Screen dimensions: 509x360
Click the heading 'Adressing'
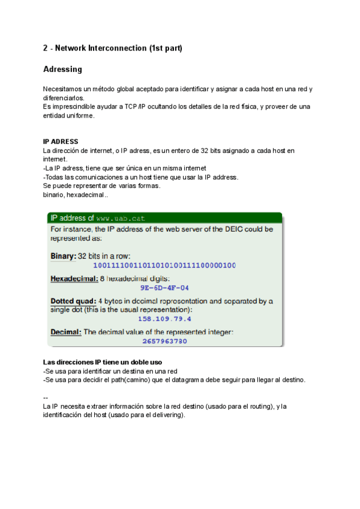click(62, 70)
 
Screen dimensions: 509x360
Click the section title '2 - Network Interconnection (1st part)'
click(112, 47)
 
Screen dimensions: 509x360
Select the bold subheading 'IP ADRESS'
click(61, 142)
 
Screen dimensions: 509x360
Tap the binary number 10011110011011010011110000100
click(165, 265)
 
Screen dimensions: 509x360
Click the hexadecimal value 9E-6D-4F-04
click(165, 288)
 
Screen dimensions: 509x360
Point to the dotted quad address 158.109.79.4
click(165, 319)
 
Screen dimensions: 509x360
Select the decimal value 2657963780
click(165, 341)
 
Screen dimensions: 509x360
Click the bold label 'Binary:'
click(63, 256)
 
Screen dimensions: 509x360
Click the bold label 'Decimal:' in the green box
click(65, 332)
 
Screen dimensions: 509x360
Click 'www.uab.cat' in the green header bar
click(121, 218)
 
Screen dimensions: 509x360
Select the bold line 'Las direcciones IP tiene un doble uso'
click(103, 363)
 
